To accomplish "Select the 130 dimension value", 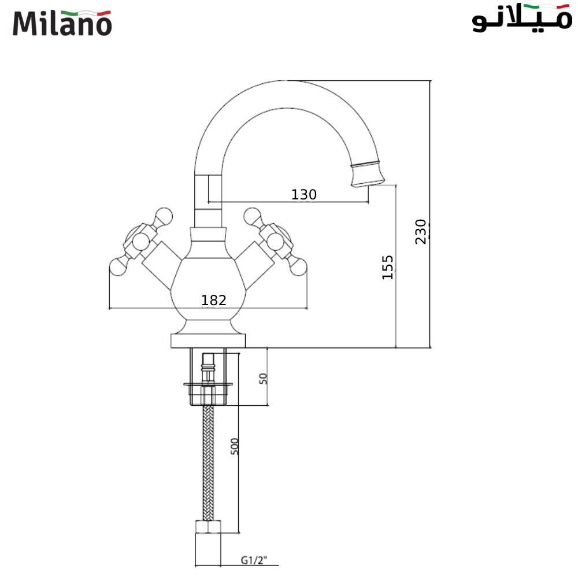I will [304, 195].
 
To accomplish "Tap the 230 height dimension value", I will [421, 231].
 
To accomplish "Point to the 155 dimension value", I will [388, 267].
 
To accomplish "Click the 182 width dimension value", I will [213, 300].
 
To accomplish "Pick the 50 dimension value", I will [264, 379].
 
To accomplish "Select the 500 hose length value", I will [235, 446].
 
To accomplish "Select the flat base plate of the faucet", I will [209, 340].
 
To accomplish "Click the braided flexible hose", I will [208, 462].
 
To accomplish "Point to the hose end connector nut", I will [208, 527].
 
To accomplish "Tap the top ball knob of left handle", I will [164, 216].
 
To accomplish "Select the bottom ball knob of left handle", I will [118, 267].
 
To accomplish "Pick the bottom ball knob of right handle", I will [298, 267].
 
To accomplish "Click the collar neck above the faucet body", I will [208, 234].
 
